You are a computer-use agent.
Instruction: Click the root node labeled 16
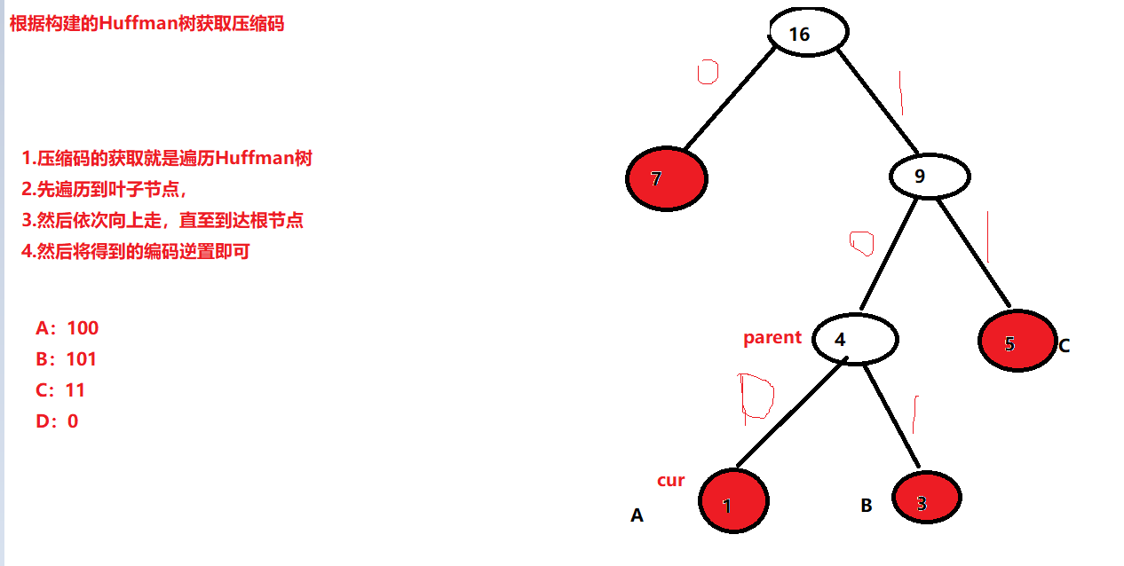(808, 33)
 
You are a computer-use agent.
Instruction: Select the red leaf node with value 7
(666, 178)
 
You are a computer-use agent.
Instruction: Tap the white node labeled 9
(930, 176)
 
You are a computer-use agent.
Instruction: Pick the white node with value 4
(855, 339)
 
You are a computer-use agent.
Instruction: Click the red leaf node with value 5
(1017, 342)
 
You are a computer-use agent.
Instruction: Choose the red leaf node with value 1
(733, 501)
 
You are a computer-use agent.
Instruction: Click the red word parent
(772, 337)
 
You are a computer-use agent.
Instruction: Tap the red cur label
(671, 480)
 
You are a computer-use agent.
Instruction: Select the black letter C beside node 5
(1064, 346)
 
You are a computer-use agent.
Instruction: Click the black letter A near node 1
(637, 515)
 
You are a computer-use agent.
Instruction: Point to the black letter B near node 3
(867, 506)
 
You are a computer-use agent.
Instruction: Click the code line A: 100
(67, 328)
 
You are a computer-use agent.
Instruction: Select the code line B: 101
(67, 359)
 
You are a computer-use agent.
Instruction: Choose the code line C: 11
(60, 390)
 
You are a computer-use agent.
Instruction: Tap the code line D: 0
(57, 421)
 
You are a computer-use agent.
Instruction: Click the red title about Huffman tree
(146, 24)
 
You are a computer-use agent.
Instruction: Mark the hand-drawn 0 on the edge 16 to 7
(708, 72)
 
